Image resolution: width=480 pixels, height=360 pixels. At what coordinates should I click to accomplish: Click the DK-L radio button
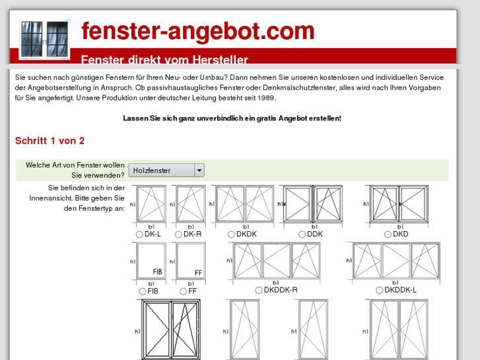[139, 234]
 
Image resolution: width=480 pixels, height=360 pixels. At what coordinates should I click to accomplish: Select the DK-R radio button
[178, 234]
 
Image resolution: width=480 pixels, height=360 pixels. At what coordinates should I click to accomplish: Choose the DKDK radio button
[231, 234]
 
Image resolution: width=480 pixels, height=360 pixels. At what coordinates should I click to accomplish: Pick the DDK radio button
[302, 234]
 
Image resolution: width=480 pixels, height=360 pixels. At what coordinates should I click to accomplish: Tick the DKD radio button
[388, 234]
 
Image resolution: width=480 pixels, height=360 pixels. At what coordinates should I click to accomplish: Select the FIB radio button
[143, 291]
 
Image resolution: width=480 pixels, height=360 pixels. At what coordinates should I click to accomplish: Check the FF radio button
[183, 291]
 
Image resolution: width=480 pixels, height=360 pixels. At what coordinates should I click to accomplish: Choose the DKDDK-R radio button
[259, 290]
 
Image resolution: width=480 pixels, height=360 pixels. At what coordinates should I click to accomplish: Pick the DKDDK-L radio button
[380, 290]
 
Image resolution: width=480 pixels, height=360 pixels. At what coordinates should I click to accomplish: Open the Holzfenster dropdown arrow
[199, 170]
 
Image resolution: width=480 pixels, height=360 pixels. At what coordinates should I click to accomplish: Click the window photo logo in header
[44, 40]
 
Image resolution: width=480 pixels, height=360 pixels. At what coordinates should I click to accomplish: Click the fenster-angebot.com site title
[197, 31]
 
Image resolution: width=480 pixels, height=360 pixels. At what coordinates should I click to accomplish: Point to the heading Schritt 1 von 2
[50, 141]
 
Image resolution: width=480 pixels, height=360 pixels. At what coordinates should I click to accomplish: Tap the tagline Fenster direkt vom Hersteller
[164, 60]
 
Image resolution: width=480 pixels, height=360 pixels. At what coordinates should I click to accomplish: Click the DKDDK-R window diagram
[276, 260]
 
